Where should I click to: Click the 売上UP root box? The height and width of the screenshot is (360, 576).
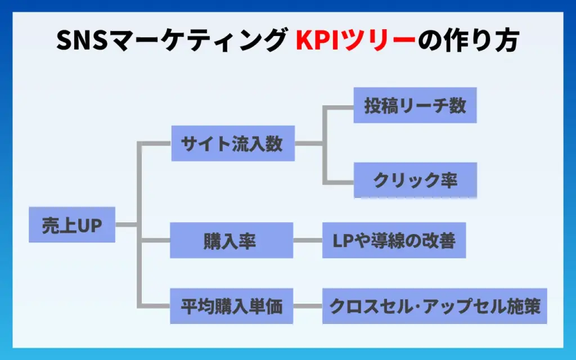[x=72, y=224]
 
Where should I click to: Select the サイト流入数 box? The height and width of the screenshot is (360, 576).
[x=232, y=143]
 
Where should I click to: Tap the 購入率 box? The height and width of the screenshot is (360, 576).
[x=231, y=241]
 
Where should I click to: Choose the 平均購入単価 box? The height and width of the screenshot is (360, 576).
[x=231, y=307]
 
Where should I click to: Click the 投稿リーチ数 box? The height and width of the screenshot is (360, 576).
[x=415, y=105]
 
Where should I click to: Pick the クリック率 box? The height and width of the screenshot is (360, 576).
[x=415, y=180]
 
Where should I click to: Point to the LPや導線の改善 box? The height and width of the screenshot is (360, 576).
[x=394, y=241]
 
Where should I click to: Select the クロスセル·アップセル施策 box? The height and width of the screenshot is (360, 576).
[x=434, y=307]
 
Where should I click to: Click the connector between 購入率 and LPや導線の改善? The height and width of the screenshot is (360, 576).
[x=308, y=241]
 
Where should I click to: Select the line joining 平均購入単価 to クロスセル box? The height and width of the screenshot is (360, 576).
[x=308, y=307]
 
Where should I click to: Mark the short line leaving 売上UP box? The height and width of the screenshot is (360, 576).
[x=126, y=224]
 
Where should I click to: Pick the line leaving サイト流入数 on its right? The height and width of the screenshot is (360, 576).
[x=309, y=143]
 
